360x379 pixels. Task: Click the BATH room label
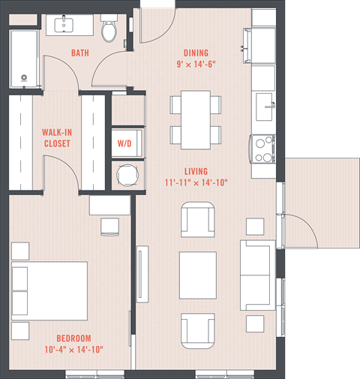[x=81, y=53]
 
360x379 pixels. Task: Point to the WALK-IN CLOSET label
[x=57, y=137]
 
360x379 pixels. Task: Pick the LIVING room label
[x=196, y=171]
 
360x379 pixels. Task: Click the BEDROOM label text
[x=73, y=338]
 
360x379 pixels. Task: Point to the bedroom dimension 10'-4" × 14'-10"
[x=73, y=349]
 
